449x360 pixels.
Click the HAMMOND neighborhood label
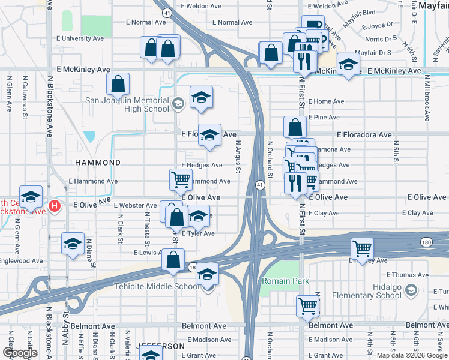[x=98, y=163]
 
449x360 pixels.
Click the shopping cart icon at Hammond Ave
[x=181, y=179]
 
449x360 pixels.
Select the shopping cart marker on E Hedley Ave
[x=362, y=248]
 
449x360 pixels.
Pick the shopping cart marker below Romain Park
[x=307, y=305]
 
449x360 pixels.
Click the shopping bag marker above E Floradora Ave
[x=295, y=127]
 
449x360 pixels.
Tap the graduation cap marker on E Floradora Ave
[x=209, y=134]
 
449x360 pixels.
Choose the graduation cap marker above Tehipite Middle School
[x=207, y=274]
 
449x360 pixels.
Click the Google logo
[x=20, y=353]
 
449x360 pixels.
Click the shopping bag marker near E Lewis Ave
[x=173, y=260]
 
